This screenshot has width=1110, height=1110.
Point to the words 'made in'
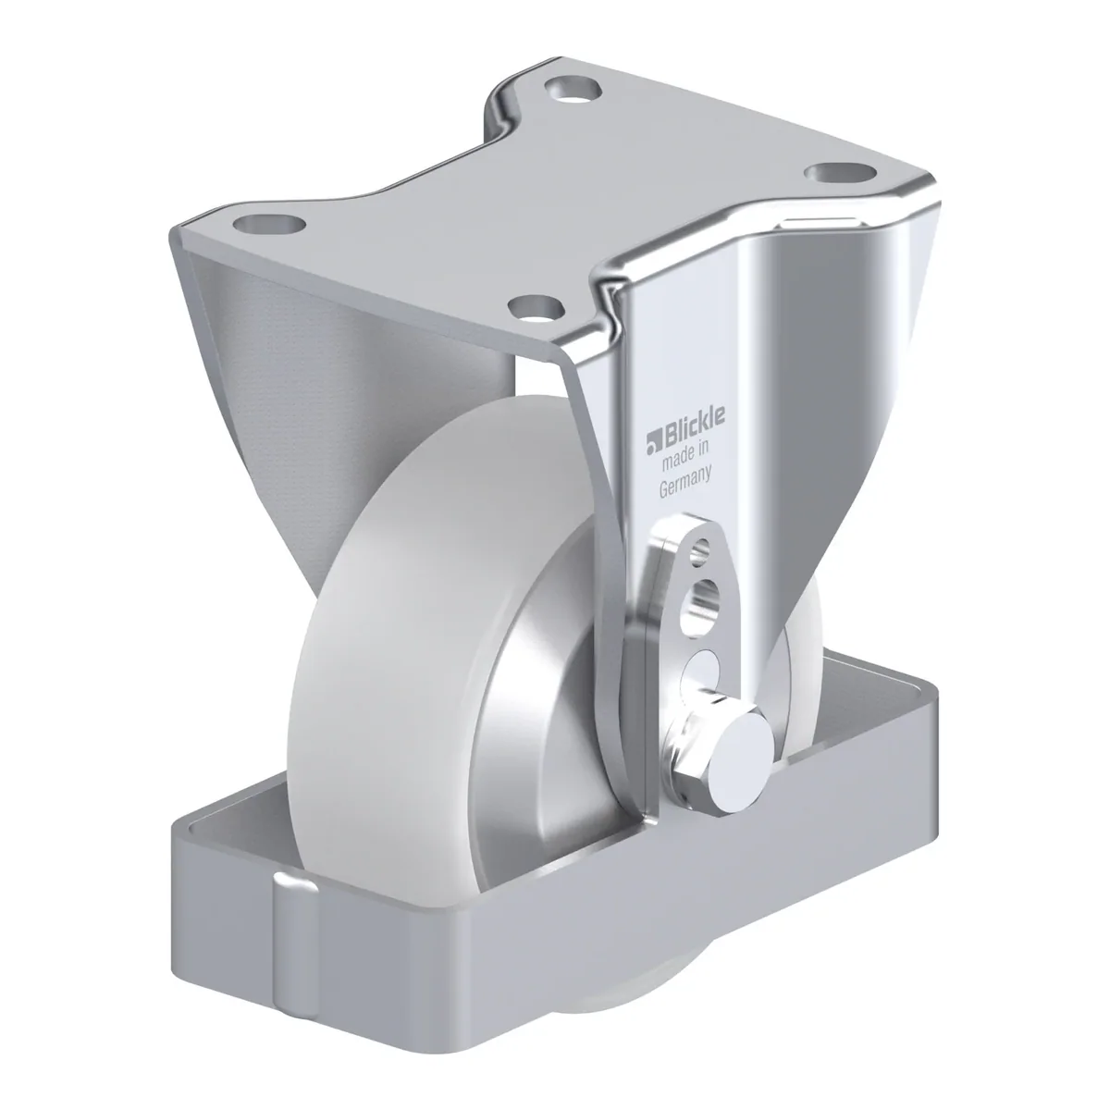(x=684, y=458)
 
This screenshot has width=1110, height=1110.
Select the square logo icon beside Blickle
(x=653, y=440)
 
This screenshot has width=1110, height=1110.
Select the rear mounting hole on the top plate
(x=573, y=90)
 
